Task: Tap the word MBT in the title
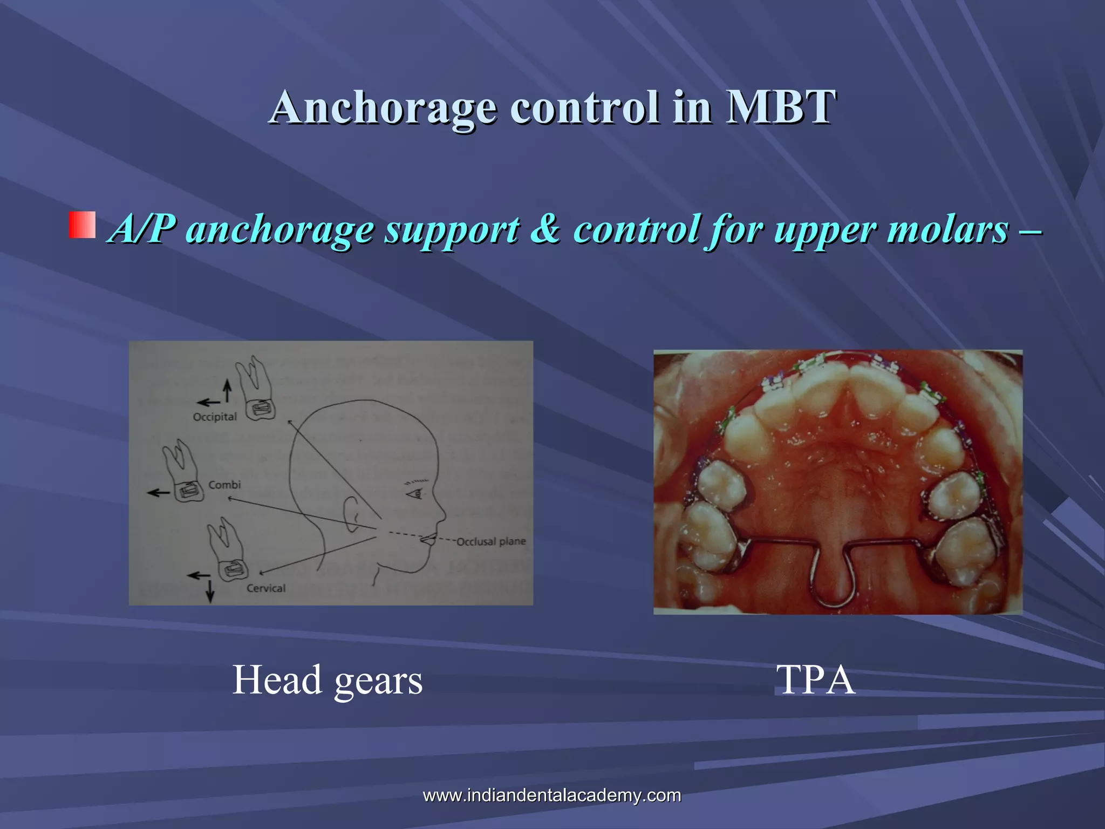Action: pyautogui.click(x=781, y=107)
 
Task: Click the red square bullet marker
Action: pyautogui.click(x=82, y=225)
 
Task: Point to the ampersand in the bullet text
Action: pyautogui.click(x=545, y=229)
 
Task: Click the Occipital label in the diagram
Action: pyautogui.click(x=215, y=417)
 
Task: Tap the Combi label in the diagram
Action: pyautogui.click(x=224, y=485)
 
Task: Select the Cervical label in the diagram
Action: pyautogui.click(x=266, y=588)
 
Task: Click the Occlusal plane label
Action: pyautogui.click(x=491, y=541)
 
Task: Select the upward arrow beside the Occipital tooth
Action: pyautogui.click(x=227, y=390)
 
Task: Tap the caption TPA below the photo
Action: pyautogui.click(x=815, y=680)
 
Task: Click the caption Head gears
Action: pyautogui.click(x=327, y=680)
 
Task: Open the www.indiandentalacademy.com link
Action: pyautogui.click(x=552, y=795)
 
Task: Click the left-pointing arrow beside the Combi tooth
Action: pyautogui.click(x=159, y=492)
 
